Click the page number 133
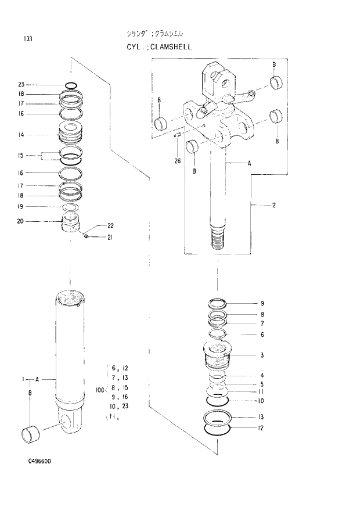tap(28, 39)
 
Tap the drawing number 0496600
tap(39, 462)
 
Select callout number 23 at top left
tap(21, 84)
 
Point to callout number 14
tap(21, 134)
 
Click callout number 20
tap(21, 221)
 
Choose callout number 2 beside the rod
tap(273, 205)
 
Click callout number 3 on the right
tap(262, 355)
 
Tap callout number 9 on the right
tap(262, 303)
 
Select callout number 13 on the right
tap(262, 417)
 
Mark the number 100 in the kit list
tap(99, 391)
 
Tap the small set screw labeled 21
tap(85, 235)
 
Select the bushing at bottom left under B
tap(31, 434)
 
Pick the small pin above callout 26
tap(178, 136)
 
